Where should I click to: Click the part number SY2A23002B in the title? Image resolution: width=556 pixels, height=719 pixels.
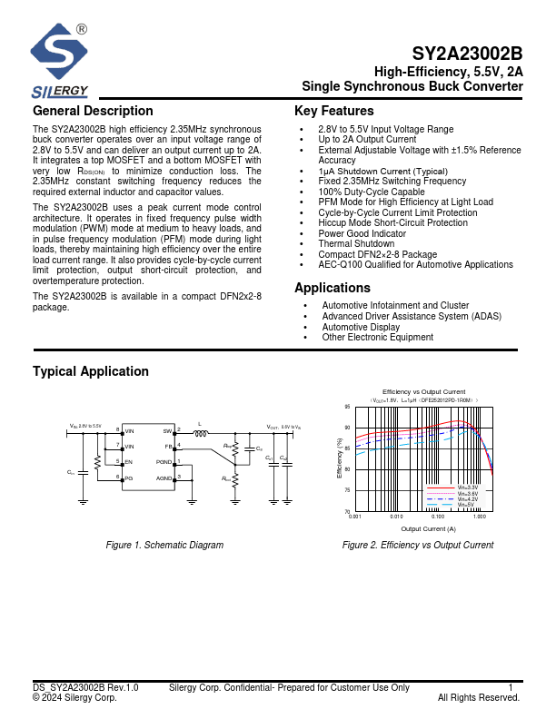(467, 54)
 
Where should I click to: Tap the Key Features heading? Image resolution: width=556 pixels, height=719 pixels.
(333, 111)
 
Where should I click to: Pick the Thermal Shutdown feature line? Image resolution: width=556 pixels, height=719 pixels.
(356, 244)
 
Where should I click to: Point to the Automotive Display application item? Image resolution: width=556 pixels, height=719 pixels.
(361, 327)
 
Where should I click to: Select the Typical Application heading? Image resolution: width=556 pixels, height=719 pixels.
(91, 371)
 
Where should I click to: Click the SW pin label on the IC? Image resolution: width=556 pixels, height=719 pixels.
(167, 430)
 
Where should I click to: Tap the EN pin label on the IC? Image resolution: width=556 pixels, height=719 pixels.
(129, 462)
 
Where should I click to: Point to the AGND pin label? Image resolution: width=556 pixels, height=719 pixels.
(164, 478)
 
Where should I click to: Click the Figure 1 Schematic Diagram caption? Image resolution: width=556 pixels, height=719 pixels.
(164, 545)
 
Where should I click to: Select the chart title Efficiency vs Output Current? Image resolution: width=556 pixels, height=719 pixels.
(423, 390)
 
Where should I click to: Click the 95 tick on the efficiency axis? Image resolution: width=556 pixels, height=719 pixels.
(347, 407)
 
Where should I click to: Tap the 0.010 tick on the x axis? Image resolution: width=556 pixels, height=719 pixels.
(396, 517)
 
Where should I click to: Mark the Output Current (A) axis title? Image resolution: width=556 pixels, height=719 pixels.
(428, 528)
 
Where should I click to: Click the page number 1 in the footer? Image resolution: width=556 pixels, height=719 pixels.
(511, 688)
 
